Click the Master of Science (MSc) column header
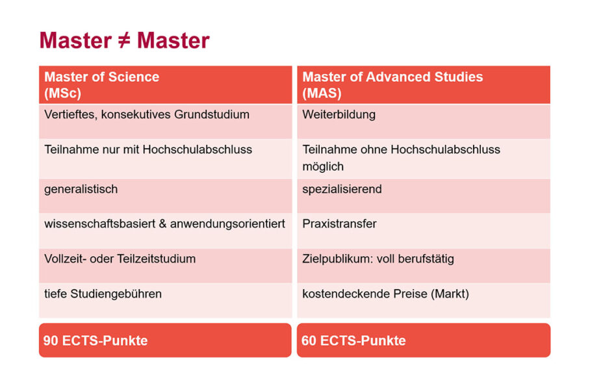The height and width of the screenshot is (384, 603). pos(165,84)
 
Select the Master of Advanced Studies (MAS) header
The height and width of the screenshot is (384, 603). pos(423,84)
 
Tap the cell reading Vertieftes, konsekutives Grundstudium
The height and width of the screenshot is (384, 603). pos(147,115)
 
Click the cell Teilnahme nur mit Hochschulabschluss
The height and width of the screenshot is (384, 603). pos(148,150)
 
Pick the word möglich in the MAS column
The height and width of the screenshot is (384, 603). pos(323,167)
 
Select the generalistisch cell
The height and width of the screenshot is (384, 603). pos(81,190)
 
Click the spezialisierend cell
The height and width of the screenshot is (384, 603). pos(342,190)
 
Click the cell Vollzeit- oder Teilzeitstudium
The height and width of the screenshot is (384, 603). pos(120,259)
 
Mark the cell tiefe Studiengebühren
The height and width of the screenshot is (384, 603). pos(103,294)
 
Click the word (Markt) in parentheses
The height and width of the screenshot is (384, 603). pos(448,294)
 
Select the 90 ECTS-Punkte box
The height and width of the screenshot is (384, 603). pos(165,340)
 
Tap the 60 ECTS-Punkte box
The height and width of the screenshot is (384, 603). pos(423,340)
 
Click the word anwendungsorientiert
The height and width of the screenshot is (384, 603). pos(228,224)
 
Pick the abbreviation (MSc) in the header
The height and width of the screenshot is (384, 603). pos(62,94)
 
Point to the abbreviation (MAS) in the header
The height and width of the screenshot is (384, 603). pos(322,94)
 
